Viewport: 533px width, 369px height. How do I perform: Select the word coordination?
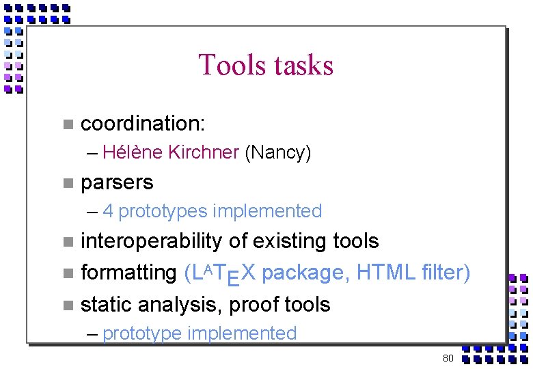click(x=143, y=124)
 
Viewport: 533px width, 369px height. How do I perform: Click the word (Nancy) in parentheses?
click(x=277, y=152)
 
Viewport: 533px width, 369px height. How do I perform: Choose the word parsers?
click(x=117, y=182)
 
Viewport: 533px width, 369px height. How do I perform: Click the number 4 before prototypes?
click(x=108, y=211)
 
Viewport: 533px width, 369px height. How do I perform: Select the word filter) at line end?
click(x=446, y=273)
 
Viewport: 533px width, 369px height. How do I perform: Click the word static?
click(x=103, y=304)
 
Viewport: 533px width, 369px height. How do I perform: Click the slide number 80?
click(x=448, y=358)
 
